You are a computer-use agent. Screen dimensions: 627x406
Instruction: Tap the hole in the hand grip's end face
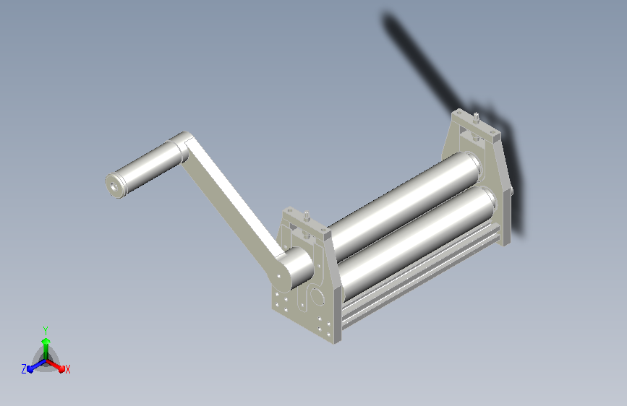tap(116, 186)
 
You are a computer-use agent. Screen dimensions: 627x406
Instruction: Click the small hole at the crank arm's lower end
tap(278, 276)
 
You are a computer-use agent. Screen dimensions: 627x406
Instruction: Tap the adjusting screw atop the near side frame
tap(307, 215)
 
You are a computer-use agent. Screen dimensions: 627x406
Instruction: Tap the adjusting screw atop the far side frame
tap(476, 118)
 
